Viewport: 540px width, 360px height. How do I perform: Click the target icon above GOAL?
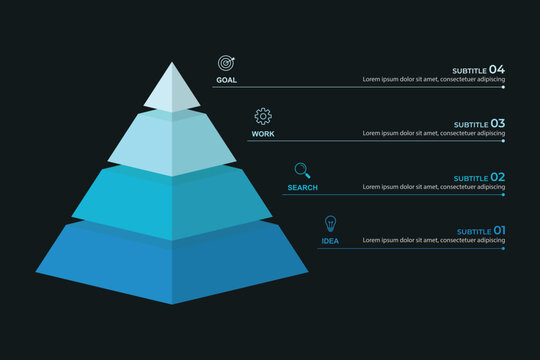[226, 62]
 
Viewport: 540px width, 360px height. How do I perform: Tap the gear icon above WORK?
[263, 116]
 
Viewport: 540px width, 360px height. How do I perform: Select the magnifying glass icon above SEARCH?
[301, 170]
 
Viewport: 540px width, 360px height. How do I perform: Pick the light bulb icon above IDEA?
[330, 223]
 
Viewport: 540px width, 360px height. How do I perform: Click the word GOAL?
[226, 79]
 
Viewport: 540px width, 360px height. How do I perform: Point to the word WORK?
[263, 133]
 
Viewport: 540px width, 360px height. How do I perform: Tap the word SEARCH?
[302, 187]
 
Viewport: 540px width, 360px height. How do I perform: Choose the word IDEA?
[330, 241]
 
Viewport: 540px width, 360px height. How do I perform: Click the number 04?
[497, 69]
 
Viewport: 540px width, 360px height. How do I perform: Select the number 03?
[497, 123]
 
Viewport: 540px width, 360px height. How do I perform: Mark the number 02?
[497, 177]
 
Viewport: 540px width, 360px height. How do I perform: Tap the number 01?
[498, 231]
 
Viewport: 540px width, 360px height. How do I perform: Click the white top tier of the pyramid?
[172, 87]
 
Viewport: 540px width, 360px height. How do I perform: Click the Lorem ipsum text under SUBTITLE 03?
[433, 133]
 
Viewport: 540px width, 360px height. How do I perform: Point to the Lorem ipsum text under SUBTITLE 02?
[433, 187]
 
